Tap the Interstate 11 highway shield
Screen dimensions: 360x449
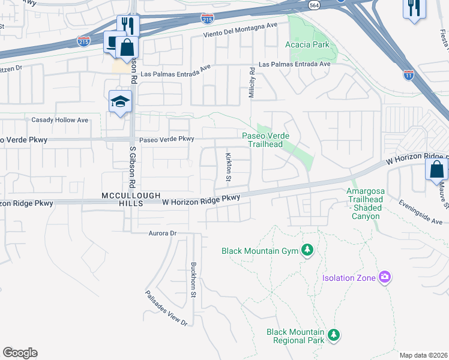coord(408,74)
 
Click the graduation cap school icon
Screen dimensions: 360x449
coord(120,101)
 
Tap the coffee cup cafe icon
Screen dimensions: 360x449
coord(113,41)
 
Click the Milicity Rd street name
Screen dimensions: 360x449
coord(252,82)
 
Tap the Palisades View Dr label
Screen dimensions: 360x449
coord(166,308)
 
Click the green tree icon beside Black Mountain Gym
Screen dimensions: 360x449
coord(307,250)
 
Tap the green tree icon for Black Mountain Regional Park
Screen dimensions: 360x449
coord(334,335)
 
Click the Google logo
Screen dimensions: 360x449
coord(20,353)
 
